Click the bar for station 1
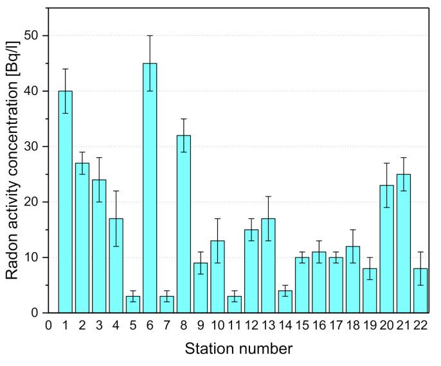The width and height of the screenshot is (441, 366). point(65,202)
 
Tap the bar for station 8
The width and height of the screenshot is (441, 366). point(183,224)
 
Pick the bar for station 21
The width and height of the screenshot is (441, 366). point(403,243)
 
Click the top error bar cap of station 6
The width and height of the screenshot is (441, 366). point(149,36)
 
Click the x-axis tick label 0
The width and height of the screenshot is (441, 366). point(48,326)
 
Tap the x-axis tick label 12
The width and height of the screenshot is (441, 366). point(251,326)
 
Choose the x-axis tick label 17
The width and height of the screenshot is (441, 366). point(336,326)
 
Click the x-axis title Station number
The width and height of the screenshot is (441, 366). point(239,349)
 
